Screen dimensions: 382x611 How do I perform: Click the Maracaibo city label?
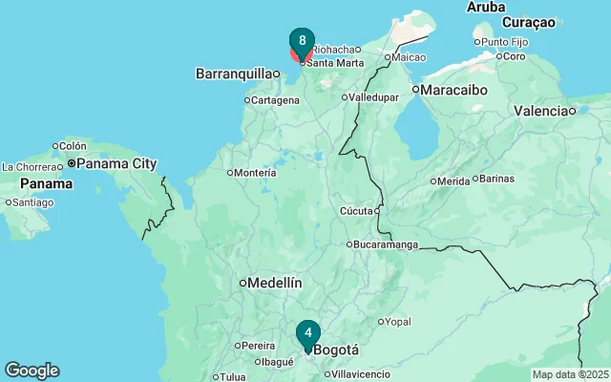[x=455, y=90]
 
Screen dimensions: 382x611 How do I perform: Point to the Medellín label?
[x=275, y=283]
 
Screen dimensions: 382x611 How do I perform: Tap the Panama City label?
[x=116, y=164]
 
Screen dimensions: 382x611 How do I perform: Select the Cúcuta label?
[x=357, y=211]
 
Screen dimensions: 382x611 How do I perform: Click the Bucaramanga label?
[x=386, y=245]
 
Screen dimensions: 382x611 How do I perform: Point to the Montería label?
[x=255, y=173]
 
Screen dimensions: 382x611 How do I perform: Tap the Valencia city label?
[x=541, y=112]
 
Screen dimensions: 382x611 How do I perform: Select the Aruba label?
[x=486, y=8]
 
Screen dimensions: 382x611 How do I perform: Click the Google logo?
[x=32, y=371]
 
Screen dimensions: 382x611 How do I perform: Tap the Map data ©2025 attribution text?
[x=569, y=374]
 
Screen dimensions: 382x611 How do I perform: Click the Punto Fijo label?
[x=506, y=42]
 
